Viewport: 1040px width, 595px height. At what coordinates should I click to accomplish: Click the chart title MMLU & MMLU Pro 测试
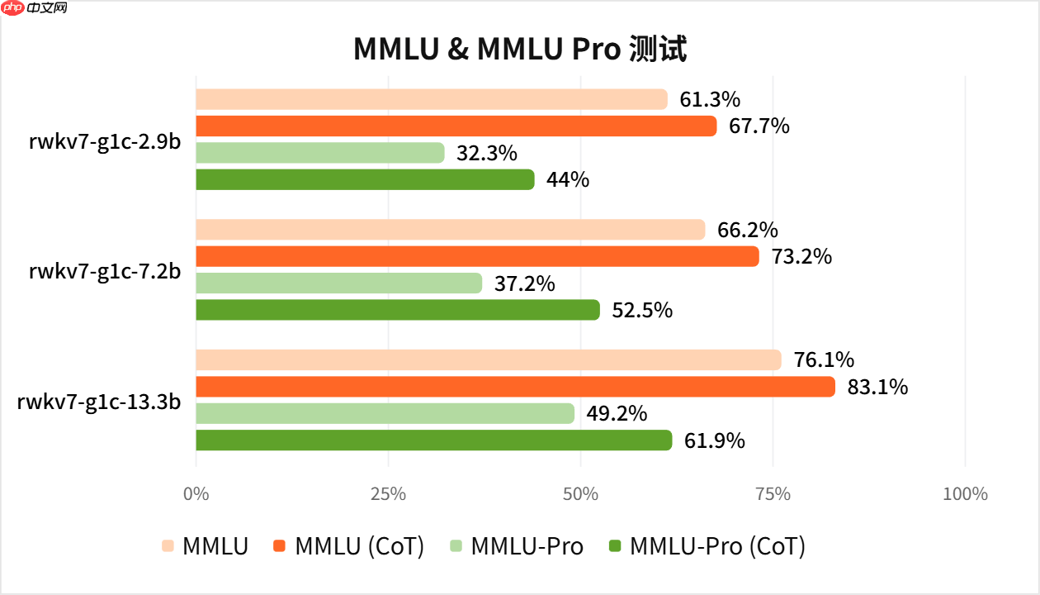pyautogui.click(x=520, y=49)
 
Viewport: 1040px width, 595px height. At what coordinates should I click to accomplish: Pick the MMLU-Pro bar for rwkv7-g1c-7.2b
pyautogui.click(x=338, y=283)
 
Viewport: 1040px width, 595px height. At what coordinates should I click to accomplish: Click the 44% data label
pyautogui.click(x=568, y=179)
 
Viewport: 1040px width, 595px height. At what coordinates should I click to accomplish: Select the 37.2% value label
pyautogui.click(x=525, y=284)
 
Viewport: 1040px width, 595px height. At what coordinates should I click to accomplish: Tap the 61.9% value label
pyautogui.click(x=715, y=440)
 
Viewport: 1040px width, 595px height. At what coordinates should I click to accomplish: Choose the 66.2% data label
pyautogui.click(x=748, y=231)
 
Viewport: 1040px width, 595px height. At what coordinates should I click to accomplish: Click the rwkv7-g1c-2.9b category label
pyautogui.click(x=105, y=140)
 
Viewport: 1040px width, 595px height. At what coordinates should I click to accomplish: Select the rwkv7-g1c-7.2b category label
pyautogui.click(x=105, y=271)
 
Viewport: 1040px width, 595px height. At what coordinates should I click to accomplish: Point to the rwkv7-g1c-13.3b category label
pyautogui.click(x=99, y=402)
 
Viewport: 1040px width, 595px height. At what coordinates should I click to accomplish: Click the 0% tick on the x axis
pyautogui.click(x=196, y=494)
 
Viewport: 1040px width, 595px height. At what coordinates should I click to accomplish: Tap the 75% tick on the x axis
pyautogui.click(x=773, y=494)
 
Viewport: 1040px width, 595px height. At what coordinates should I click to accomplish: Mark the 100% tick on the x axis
pyautogui.click(x=964, y=494)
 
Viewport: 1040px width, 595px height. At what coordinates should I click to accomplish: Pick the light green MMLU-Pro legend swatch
pyautogui.click(x=456, y=546)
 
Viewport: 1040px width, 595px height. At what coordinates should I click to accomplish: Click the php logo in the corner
pyautogui.click(x=14, y=9)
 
